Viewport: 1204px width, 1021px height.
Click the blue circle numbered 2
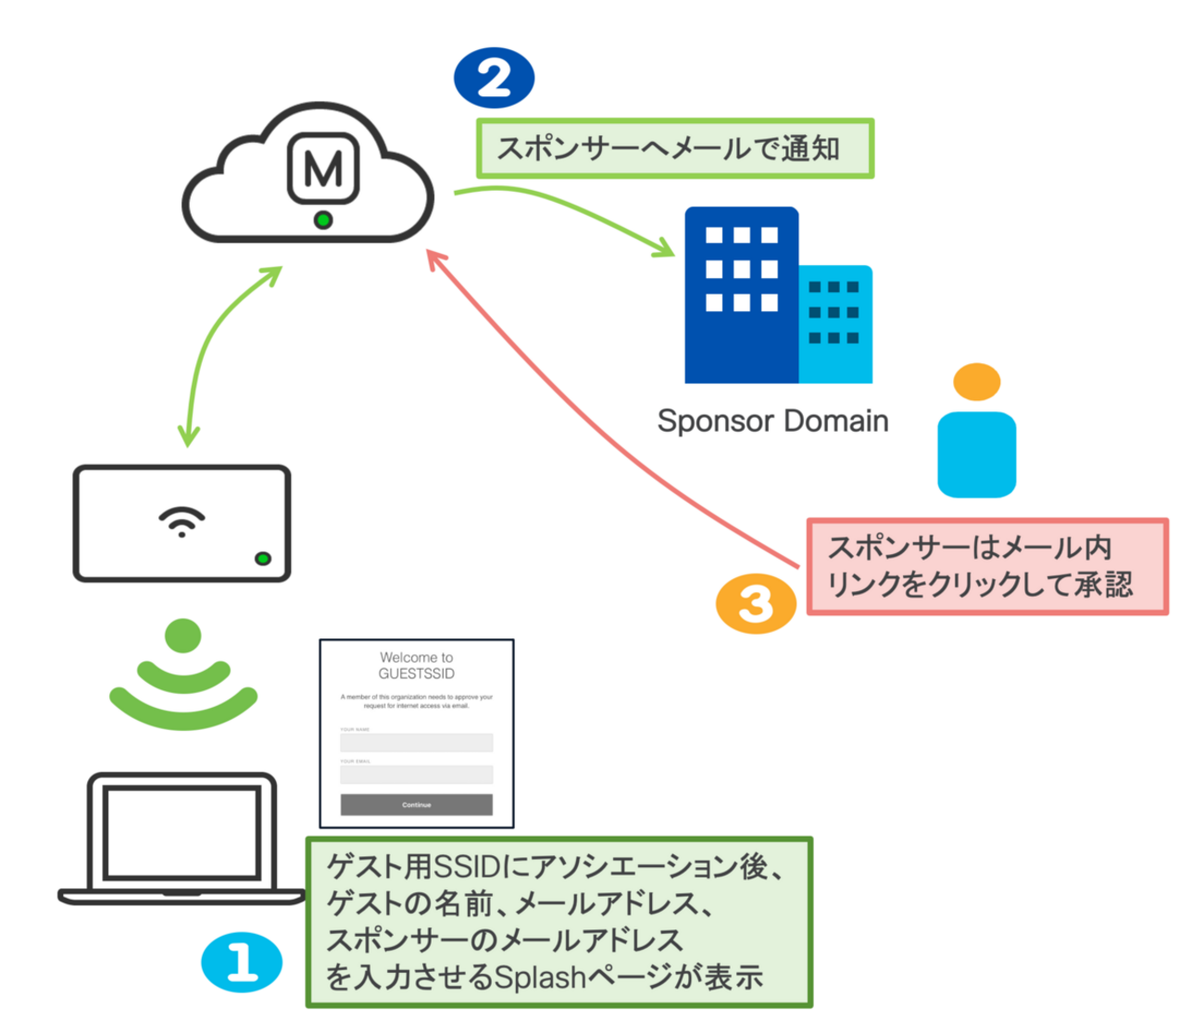[494, 78]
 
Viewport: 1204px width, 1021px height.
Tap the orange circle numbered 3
[756, 604]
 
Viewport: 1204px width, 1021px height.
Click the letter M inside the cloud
[322, 169]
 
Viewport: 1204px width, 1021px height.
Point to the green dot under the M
[322, 221]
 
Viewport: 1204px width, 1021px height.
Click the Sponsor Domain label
[772, 422]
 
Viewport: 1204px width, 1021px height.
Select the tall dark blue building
[741, 295]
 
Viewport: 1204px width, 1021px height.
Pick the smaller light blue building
[835, 324]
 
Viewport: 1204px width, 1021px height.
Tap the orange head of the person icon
[976, 382]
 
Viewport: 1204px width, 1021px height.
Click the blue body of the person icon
[976, 454]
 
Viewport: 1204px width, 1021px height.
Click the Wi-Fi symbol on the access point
[182, 522]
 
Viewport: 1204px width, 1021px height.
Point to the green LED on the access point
[263, 559]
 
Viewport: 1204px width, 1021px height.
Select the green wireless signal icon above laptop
[182, 676]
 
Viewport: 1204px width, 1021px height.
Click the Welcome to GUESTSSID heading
[416, 665]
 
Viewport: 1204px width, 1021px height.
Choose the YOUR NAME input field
[416, 742]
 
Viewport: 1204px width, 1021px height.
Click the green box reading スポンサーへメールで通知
[674, 148]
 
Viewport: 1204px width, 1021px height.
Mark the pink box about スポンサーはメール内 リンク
[986, 566]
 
